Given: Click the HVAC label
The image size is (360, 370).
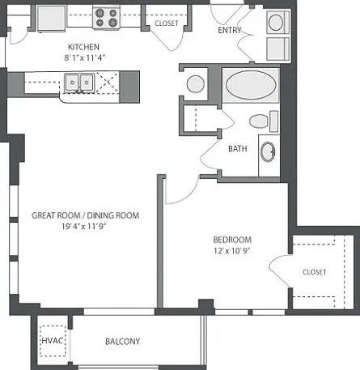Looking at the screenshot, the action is tap(53, 341).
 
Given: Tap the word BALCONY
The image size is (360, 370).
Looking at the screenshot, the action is tap(123, 342).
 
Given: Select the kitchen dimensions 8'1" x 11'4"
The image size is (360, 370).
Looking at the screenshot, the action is tap(84, 57).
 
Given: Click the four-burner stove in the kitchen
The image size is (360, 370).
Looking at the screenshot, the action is tap(107, 18).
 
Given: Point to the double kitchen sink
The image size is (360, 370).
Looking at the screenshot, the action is tap(79, 82).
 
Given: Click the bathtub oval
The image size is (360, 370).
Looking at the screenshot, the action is tap(251, 85).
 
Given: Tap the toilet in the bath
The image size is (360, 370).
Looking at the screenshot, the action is tap(263, 121).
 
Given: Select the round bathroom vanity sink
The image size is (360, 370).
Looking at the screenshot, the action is tap(268, 152).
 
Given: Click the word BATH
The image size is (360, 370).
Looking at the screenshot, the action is tap(238, 149).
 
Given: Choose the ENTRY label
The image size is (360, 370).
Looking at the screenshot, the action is tap(230, 30).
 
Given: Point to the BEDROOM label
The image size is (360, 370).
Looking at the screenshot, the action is tap(232, 240).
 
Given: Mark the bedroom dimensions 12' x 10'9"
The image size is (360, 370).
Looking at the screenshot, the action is tap(232, 251).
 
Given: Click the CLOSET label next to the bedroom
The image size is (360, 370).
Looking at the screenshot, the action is tap(315, 272).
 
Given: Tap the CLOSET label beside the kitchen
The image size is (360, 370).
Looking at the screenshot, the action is tap(167, 23).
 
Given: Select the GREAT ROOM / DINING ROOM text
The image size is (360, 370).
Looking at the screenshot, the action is tap(86, 215).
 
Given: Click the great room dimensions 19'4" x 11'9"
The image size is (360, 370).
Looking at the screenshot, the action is tap(84, 227).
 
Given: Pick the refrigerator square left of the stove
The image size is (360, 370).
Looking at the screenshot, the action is tap(51, 19).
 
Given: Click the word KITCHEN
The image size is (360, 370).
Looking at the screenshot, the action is tap(83, 47).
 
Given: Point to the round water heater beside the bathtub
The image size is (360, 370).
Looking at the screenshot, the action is tap(196, 84).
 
